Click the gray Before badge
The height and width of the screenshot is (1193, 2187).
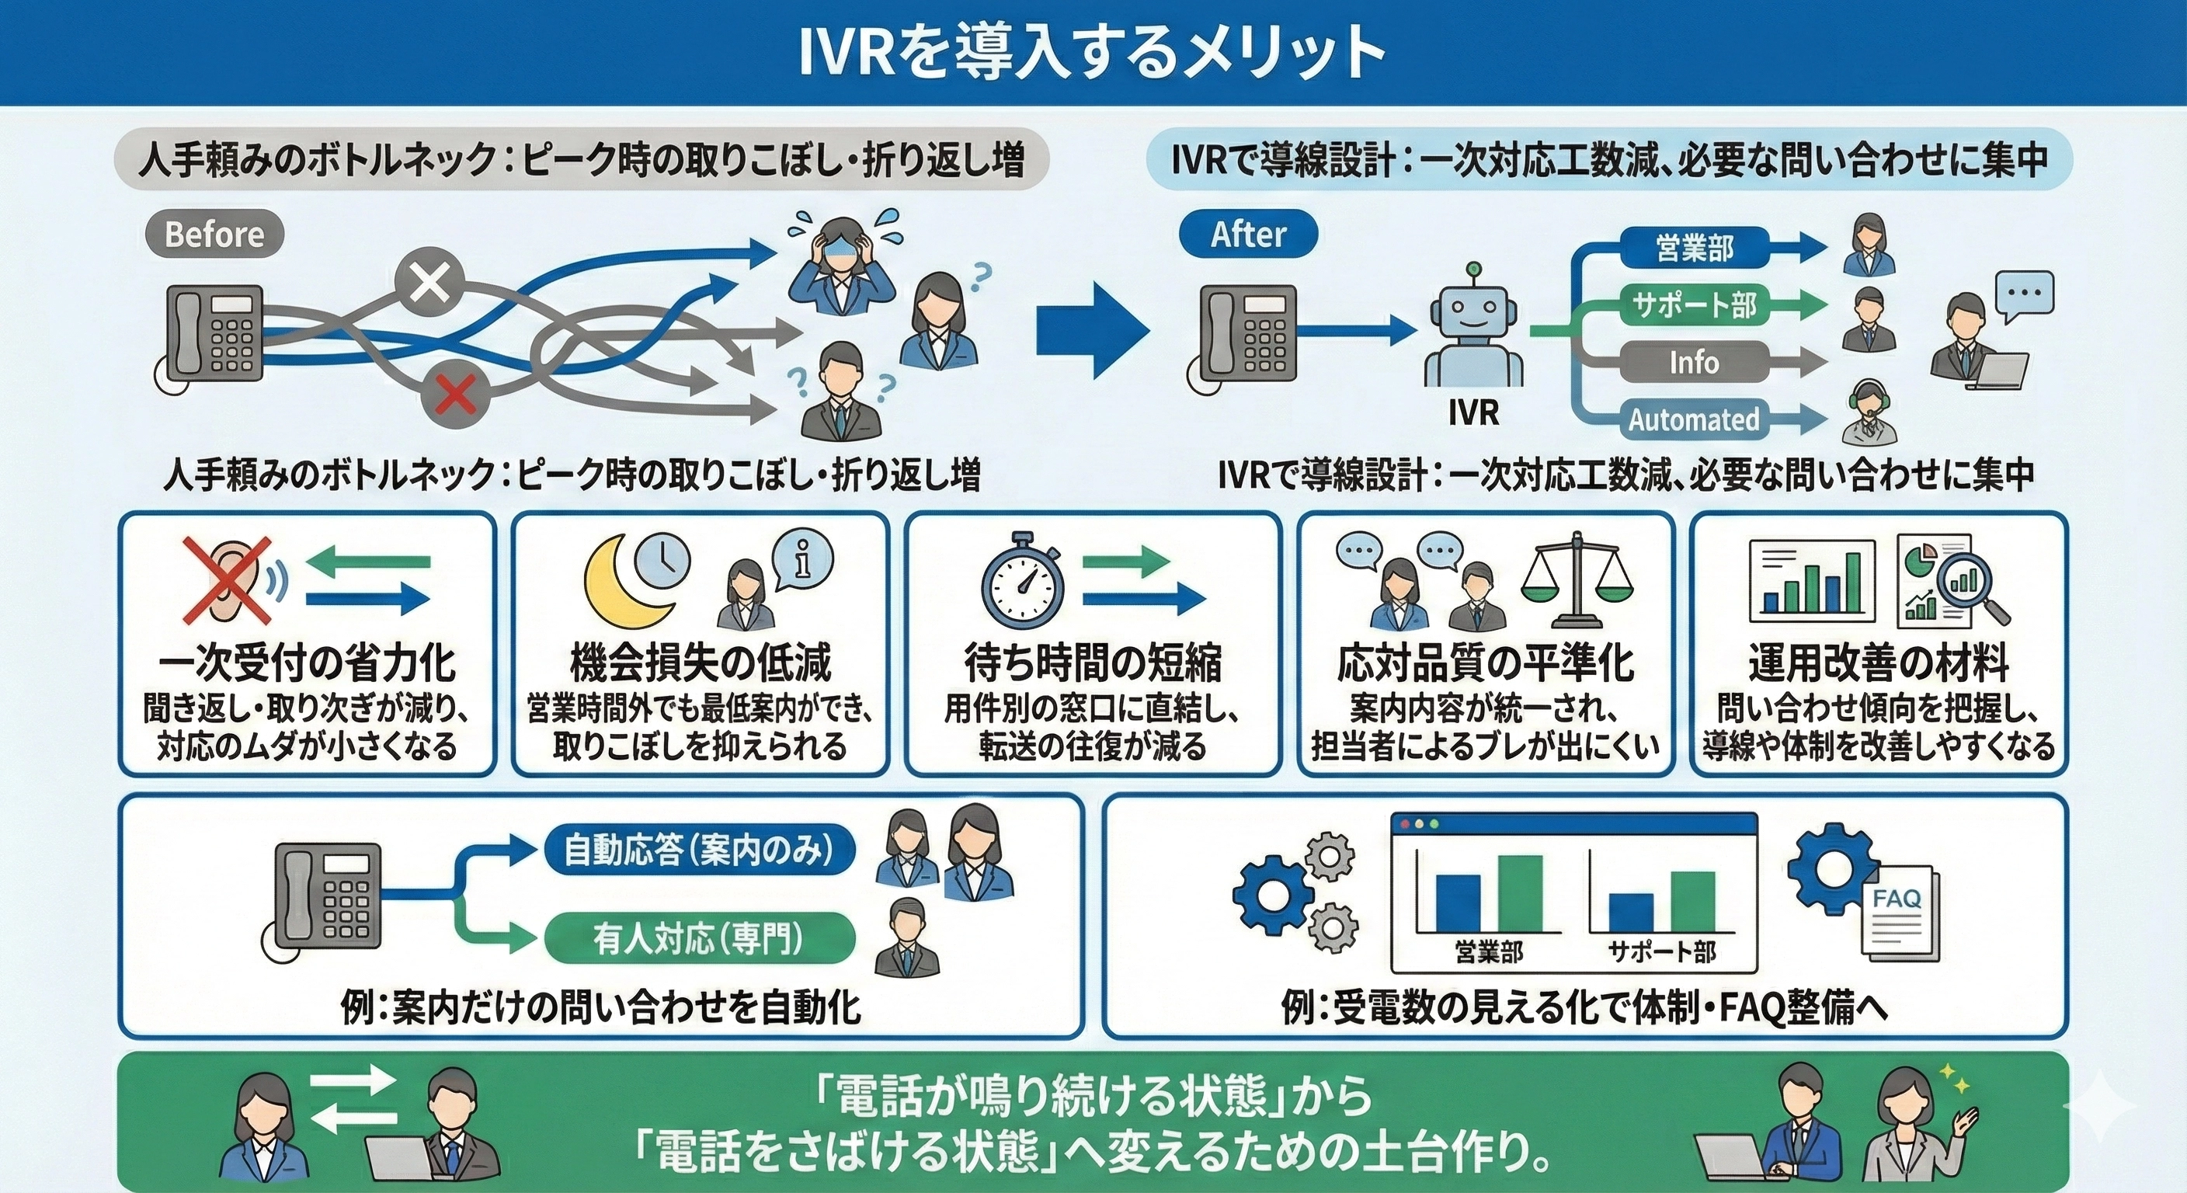click(214, 235)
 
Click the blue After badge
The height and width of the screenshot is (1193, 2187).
click(1247, 235)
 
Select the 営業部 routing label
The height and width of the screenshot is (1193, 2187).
click(1695, 248)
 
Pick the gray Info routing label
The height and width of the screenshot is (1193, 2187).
click(1695, 363)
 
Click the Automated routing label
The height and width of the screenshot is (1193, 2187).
click(1695, 419)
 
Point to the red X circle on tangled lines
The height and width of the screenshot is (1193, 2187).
click(457, 392)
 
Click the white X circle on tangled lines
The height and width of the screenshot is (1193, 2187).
click(431, 281)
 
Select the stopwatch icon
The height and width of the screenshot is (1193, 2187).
click(1023, 582)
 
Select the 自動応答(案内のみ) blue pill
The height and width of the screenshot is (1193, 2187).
click(698, 850)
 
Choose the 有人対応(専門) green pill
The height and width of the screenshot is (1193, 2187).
click(698, 939)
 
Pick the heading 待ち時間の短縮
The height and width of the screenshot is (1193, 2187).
click(1093, 663)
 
